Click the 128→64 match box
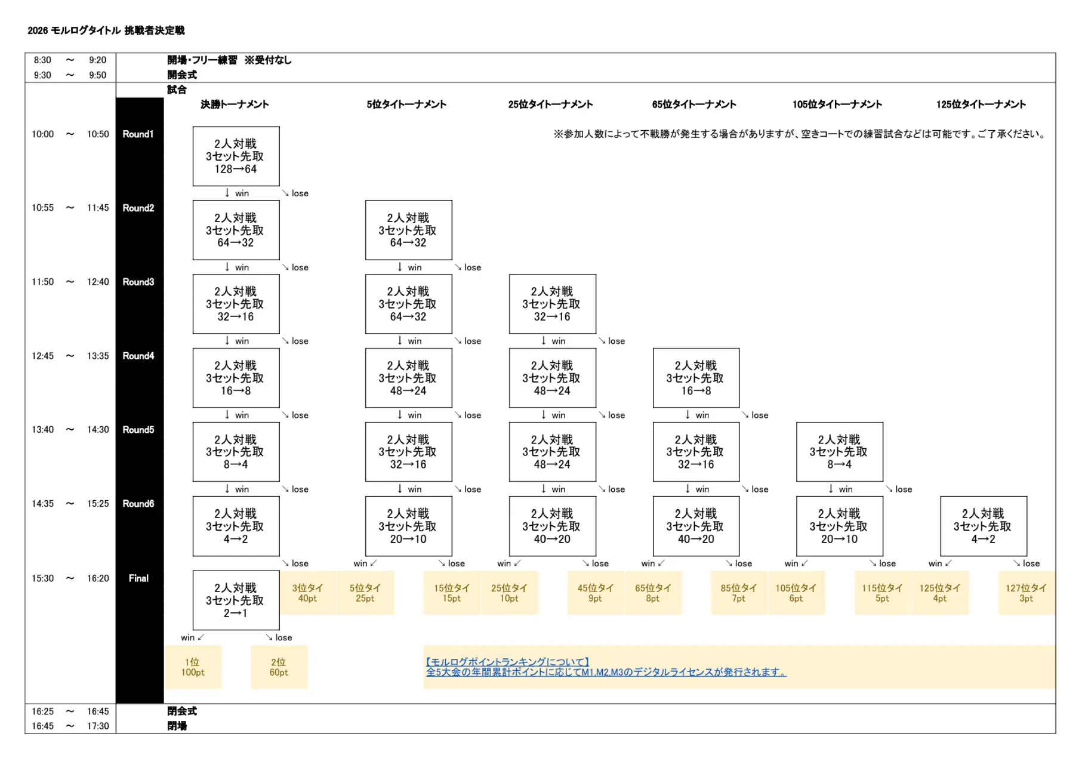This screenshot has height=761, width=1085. click(236, 156)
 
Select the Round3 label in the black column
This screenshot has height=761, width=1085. click(138, 282)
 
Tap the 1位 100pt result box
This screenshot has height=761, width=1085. click(193, 667)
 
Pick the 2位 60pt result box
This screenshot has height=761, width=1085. click(279, 667)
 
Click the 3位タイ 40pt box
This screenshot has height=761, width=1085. click(307, 593)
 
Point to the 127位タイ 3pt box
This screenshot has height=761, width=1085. click(1026, 593)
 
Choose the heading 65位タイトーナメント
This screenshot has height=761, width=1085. click(693, 104)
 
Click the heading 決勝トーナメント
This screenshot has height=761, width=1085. click(235, 104)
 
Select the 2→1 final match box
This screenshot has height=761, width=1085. click(236, 600)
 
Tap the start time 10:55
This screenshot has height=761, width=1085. click(42, 208)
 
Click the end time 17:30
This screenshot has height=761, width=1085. click(98, 726)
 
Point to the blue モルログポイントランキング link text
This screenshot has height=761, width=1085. click(508, 662)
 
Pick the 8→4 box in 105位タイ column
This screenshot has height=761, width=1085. click(839, 452)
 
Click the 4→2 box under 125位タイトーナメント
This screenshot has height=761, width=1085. click(983, 526)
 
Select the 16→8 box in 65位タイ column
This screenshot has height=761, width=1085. click(696, 378)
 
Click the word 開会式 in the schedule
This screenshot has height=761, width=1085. click(182, 75)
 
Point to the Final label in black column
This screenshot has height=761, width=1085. click(138, 578)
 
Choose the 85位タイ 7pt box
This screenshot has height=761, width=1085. click(738, 593)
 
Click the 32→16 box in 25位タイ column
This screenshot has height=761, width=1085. click(552, 304)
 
